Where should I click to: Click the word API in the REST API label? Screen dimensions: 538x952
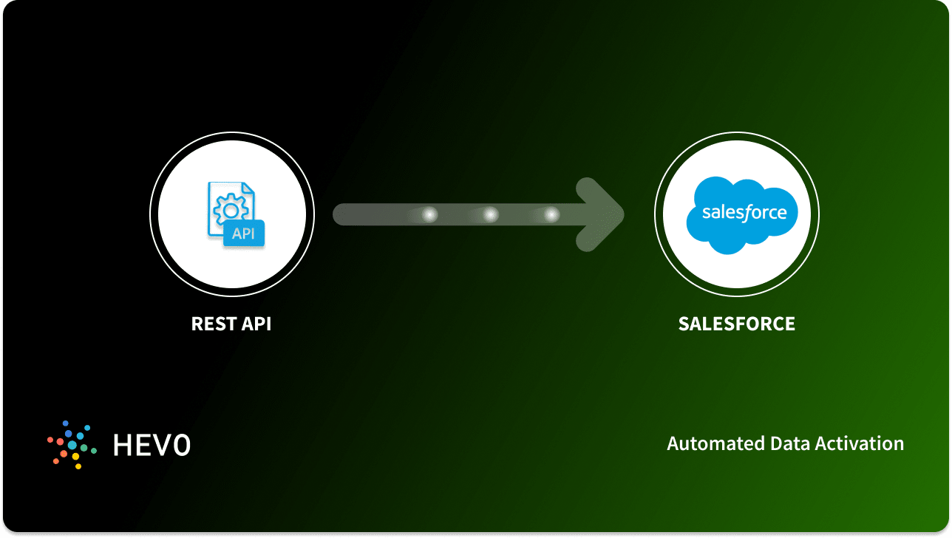click(x=255, y=324)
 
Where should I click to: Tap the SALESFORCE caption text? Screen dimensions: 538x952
click(x=736, y=324)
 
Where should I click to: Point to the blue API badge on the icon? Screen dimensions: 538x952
click(x=243, y=234)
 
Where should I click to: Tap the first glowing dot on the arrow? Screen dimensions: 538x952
click(x=429, y=214)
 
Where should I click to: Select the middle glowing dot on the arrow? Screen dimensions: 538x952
click(x=490, y=214)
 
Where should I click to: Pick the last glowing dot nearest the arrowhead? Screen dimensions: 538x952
click(x=551, y=214)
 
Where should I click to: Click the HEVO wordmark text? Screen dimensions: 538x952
click(x=152, y=445)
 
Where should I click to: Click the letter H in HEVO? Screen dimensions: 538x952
click(x=122, y=445)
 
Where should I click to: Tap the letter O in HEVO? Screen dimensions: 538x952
click(x=182, y=445)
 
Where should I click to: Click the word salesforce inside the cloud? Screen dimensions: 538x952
click(x=744, y=213)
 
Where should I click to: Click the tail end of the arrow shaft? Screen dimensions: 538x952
click(x=342, y=214)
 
